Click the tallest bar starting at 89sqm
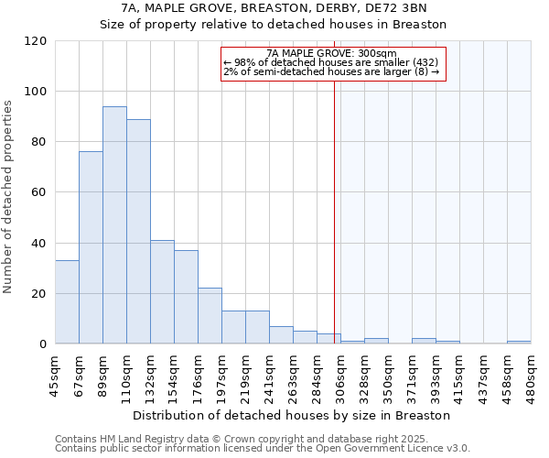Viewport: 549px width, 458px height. pyautogui.click(x=114, y=225)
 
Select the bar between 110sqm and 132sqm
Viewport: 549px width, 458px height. pyautogui.click(x=138, y=232)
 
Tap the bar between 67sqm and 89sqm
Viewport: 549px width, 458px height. pyautogui.click(x=91, y=247)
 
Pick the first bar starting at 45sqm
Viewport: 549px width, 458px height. pyautogui.click(x=67, y=302)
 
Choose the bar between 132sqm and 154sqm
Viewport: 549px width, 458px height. pyautogui.click(x=162, y=292)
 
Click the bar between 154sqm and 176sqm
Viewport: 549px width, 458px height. pyautogui.click(x=186, y=297)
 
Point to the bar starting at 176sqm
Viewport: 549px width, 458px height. pyautogui.click(x=210, y=316)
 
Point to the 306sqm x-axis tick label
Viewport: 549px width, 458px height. pyautogui.click(x=340, y=376)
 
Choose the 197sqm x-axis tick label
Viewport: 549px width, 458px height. pyautogui.click(x=221, y=376)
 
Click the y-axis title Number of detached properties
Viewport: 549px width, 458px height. pyautogui.click(x=8, y=197)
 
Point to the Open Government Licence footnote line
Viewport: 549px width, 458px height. pyautogui.click(x=263, y=448)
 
